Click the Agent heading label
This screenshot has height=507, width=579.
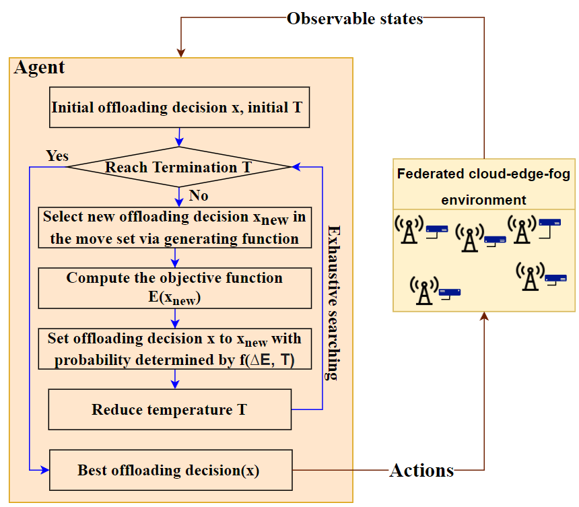[40, 68]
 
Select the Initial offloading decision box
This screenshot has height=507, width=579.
[179, 107]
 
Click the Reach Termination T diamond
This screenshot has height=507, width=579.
[179, 167]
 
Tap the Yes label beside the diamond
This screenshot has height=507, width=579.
[57, 156]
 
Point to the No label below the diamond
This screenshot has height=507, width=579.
[199, 196]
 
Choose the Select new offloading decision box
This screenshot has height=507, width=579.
[175, 227]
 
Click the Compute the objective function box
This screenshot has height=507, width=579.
[175, 288]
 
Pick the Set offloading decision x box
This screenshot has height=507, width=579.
[175, 349]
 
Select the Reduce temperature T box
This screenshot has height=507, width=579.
[170, 409]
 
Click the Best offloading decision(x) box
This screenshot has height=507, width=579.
[170, 469]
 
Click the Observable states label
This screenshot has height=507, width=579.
[355, 18]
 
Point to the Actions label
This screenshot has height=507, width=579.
[421, 470]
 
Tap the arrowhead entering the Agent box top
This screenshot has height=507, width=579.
[180, 52]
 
